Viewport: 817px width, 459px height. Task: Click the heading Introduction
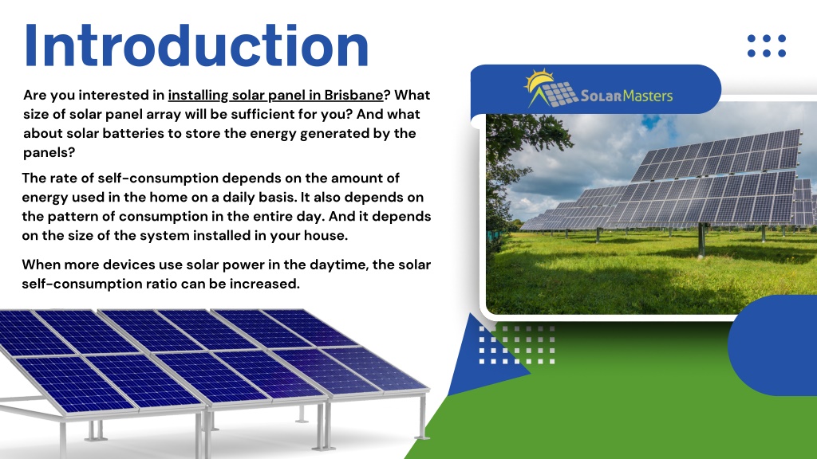click(196, 45)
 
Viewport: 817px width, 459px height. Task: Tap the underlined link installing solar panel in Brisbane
click(275, 96)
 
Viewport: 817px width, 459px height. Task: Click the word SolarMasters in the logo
click(626, 96)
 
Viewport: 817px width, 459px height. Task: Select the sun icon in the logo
click(539, 81)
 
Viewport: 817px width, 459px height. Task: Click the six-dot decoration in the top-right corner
click(767, 45)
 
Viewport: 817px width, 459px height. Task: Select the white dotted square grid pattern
click(516, 345)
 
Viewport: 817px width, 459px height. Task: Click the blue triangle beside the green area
click(482, 359)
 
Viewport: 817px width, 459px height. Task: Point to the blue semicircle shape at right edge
click(772, 345)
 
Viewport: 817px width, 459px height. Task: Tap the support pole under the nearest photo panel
click(702, 241)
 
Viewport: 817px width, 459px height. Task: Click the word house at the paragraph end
click(326, 236)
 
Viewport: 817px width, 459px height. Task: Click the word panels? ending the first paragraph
click(49, 153)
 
